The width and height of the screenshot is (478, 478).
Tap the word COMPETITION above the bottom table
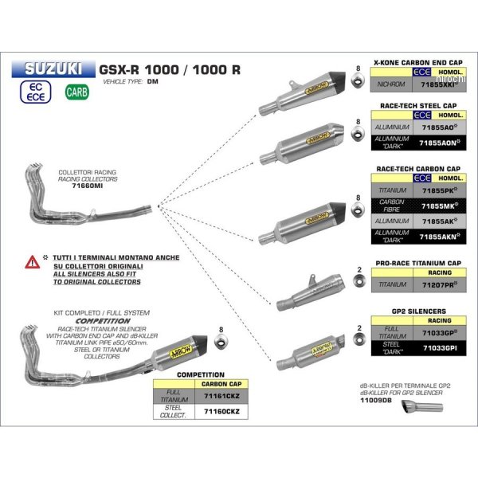click(195, 373)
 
